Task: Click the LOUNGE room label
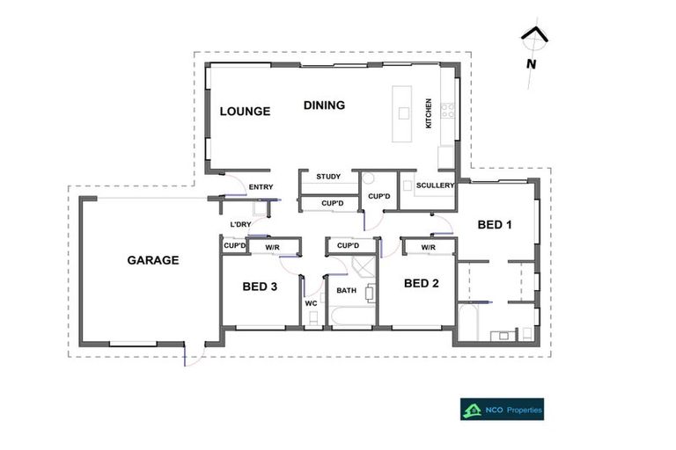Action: (x=245, y=112)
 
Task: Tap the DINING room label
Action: (x=324, y=105)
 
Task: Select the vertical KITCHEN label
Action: (x=429, y=113)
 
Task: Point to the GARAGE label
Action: (x=153, y=260)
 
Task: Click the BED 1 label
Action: (x=495, y=225)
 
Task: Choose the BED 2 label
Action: (x=421, y=283)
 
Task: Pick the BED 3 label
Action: (x=261, y=286)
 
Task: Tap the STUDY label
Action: (x=328, y=177)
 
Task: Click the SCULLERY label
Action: (x=435, y=185)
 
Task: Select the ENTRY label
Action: (x=261, y=187)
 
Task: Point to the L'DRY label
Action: (x=241, y=225)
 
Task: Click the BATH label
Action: (x=346, y=290)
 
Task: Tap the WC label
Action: (x=311, y=303)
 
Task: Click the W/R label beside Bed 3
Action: (x=272, y=247)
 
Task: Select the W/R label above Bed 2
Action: (x=428, y=247)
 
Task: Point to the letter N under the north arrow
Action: (x=531, y=63)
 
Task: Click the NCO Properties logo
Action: (x=503, y=410)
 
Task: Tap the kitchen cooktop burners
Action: (x=446, y=111)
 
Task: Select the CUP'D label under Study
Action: (x=331, y=204)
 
